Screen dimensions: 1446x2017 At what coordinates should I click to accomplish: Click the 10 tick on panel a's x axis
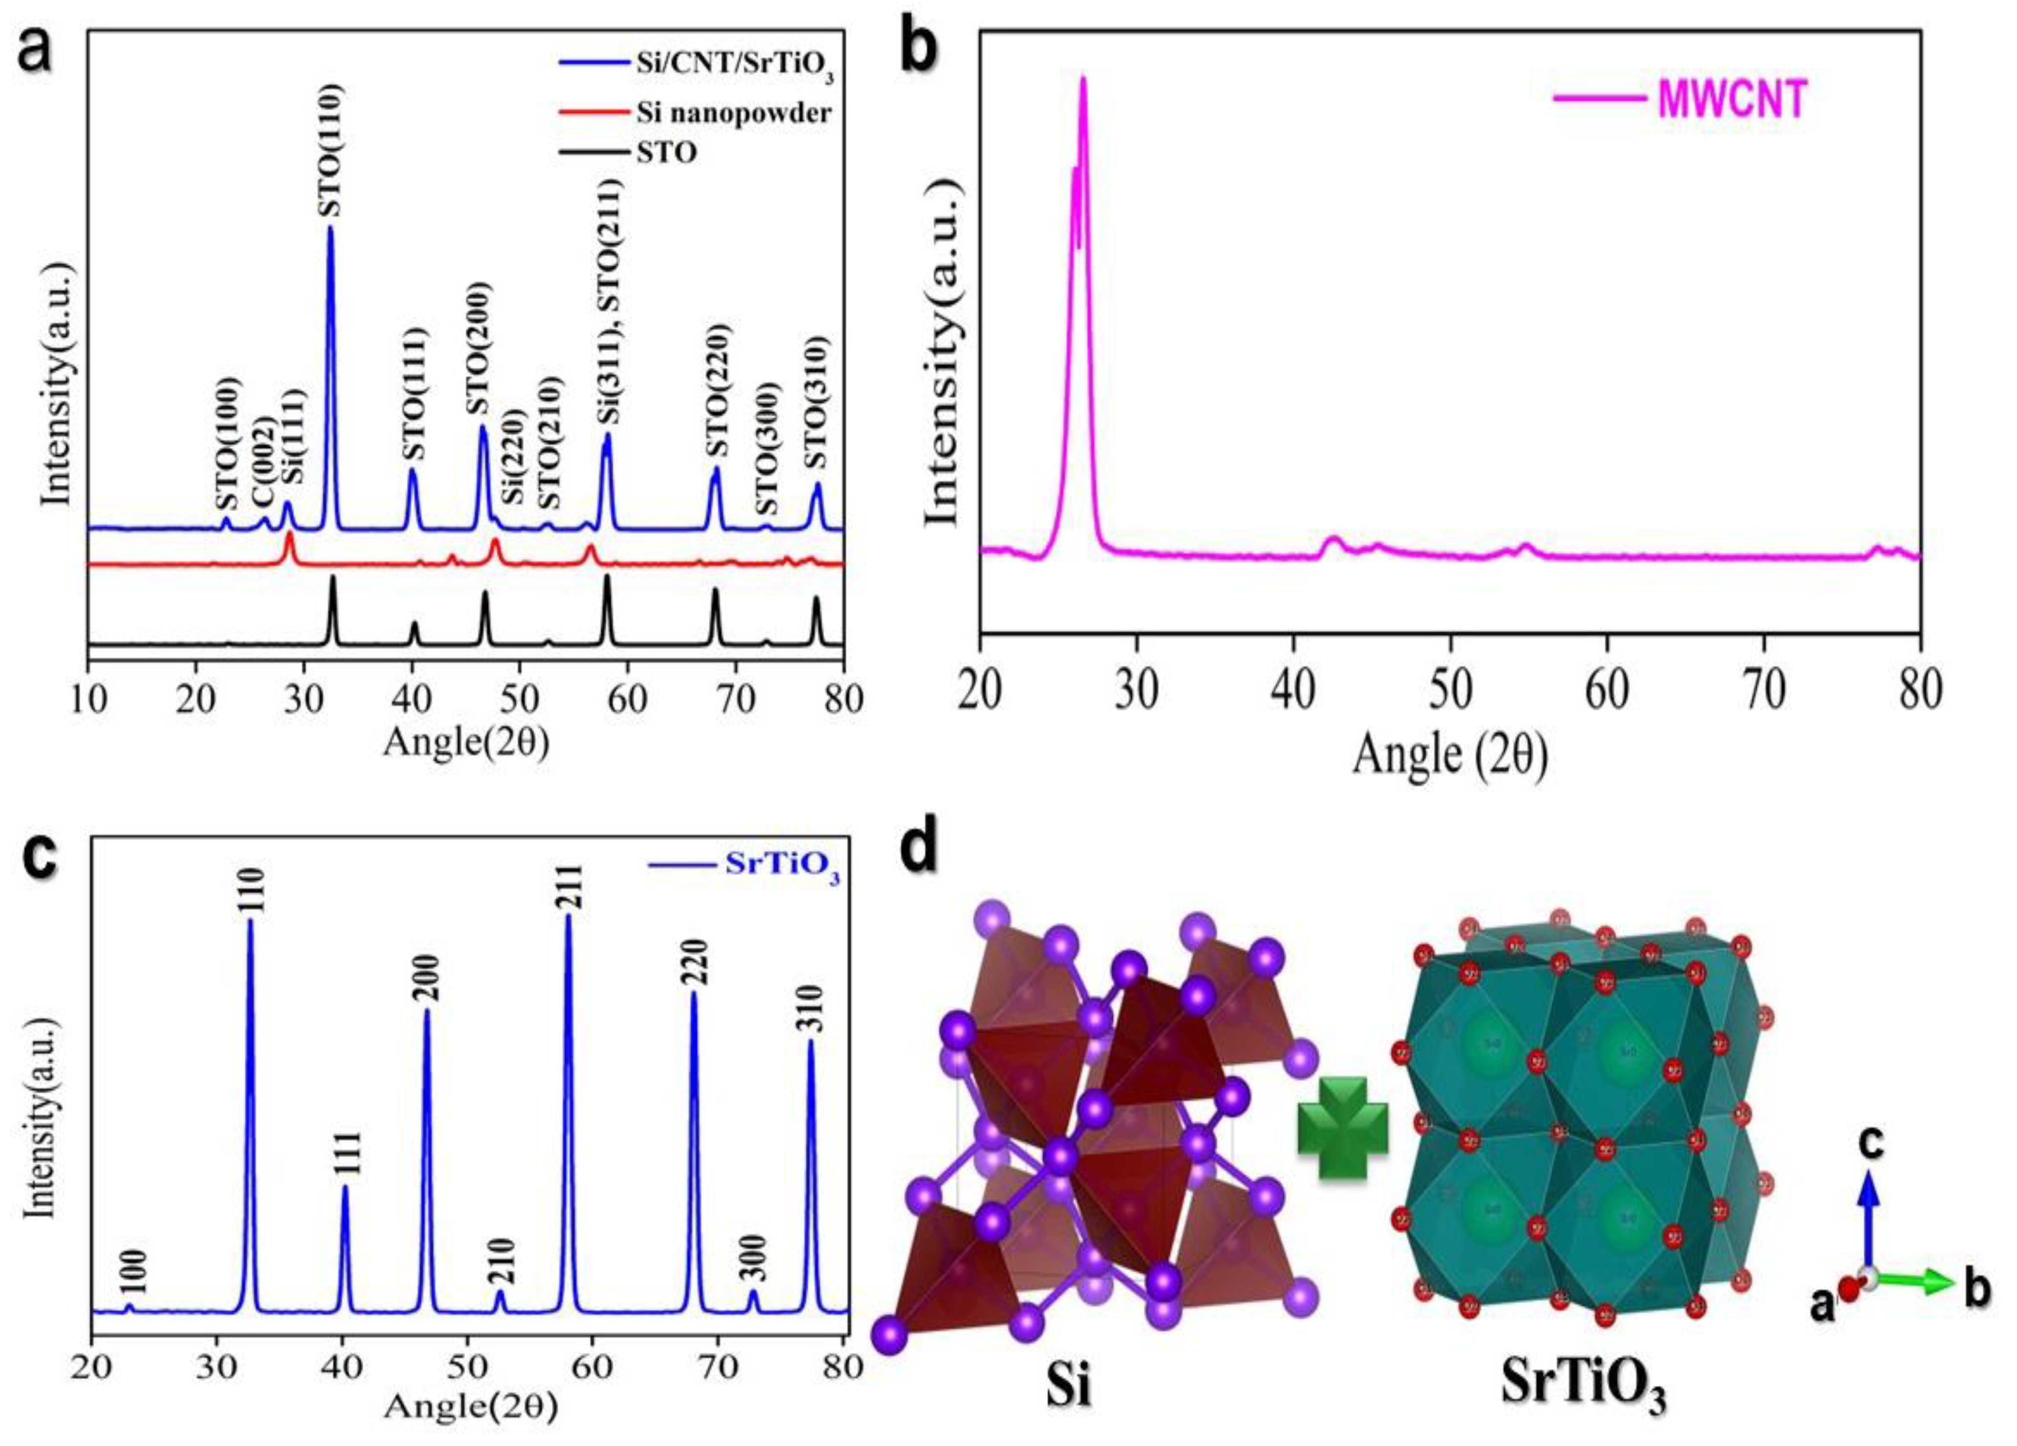point(88,698)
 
